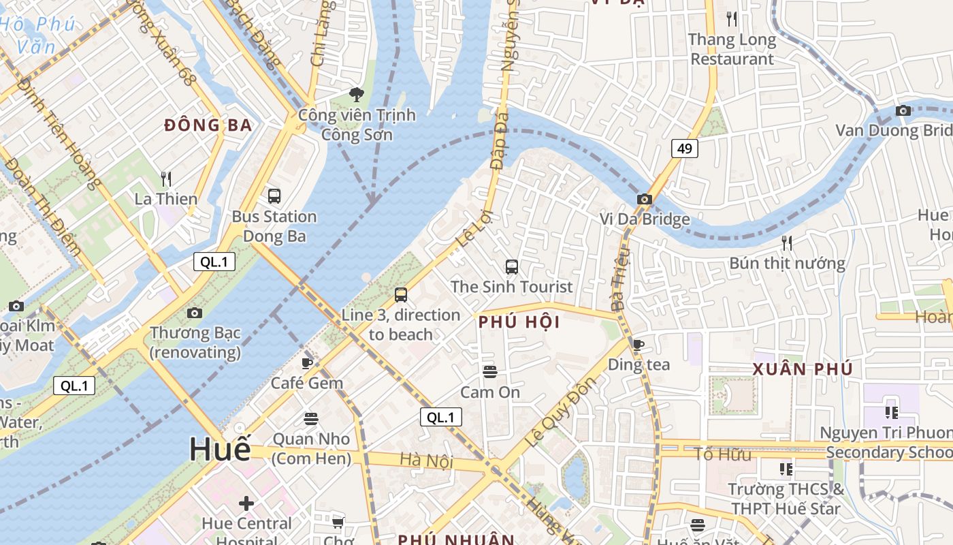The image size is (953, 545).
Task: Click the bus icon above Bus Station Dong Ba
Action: coord(274,196)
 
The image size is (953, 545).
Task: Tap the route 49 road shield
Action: coord(684,148)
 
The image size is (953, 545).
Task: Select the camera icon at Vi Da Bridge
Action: coord(644,200)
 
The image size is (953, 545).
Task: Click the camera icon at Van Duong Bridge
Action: coord(903,110)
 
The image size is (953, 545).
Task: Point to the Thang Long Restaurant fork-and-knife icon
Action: coord(732,18)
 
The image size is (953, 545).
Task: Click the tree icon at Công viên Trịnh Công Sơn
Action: coord(356,94)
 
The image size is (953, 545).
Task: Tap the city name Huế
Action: coord(219,449)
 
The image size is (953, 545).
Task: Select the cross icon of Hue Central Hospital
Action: coord(246,503)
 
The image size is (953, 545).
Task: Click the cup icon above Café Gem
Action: coord(307,363)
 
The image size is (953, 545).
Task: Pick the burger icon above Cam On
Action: coord(490,372)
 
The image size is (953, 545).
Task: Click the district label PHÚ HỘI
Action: coord(519,322)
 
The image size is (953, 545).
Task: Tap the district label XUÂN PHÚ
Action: coord(803,369)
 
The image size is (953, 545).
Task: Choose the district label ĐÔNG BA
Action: coord(208,125)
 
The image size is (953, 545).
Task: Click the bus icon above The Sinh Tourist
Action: coord(512,267)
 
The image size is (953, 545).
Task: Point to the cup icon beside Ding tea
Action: coord(638,345)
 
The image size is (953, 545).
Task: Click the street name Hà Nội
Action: coord(426,461)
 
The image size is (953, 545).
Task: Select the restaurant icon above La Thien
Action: coord(166,179)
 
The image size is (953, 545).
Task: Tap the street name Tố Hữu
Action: coord(722,454)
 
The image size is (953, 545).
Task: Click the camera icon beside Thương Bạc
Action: coord(195,313)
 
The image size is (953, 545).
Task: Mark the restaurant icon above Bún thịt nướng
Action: coord(787,243)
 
